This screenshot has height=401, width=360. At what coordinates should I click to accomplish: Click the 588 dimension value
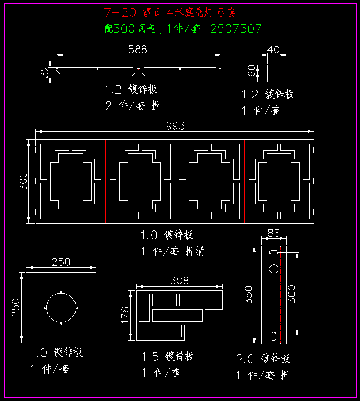pyautogui.click(x=138, y=50)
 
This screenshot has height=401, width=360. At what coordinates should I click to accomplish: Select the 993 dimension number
pyautogui.click(x=175, y=126)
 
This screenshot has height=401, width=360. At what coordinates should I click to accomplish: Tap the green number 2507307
pyautogui.click(x=236, y=29)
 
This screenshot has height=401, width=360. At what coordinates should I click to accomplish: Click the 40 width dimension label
pyautogui.click(x=273, y=50)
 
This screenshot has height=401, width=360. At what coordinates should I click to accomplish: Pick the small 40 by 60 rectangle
pyautogui.click(x=273, y=73)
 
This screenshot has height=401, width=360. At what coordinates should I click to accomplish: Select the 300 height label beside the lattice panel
pyautogui.click(x=23, y=181)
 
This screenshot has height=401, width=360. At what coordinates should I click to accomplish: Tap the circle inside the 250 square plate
pyautogui.click(x=61, y=308)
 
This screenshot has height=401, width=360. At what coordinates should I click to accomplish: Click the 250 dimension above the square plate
pyautogui.click(x=61, y=262)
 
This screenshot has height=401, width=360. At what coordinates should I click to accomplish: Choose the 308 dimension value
pyautogui.click(x=179, y=281)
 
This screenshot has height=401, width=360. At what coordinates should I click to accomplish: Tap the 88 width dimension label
pyautogui.click(x=273, y=234)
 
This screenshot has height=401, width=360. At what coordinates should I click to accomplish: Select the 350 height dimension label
pyautogui.click(x=248, y=295)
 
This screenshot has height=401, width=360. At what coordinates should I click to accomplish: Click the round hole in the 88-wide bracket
pyautogui.click(x=273, y=269)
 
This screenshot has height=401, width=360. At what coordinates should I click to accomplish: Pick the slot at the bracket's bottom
pyautogui.click(x=273, y=336)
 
